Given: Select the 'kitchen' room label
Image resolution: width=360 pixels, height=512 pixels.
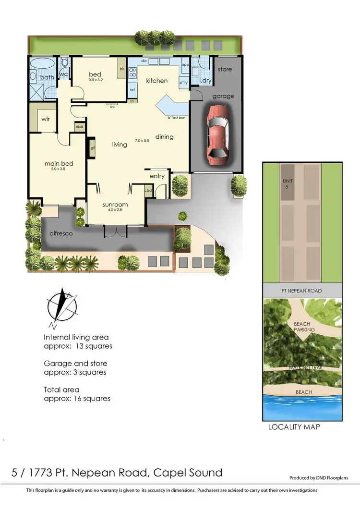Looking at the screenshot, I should click(x=157, y=81).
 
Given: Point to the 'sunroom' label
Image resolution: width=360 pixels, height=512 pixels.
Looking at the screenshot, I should click(x=115, y=204).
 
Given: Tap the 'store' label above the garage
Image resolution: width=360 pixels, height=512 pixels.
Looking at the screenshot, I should click(x=225, y=69).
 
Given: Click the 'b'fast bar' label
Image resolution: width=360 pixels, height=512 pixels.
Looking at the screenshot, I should click(x=176, y=118).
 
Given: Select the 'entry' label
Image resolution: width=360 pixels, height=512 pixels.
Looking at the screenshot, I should click(x=157, y=176).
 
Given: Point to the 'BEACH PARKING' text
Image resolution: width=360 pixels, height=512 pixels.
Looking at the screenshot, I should click(x=305, y=327).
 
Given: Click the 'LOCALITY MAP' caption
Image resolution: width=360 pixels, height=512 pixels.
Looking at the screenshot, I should click(x=294, y=427).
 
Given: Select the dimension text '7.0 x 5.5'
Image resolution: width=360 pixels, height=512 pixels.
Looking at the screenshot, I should click(x=143, y=141).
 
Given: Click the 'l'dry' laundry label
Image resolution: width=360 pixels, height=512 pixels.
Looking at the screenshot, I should click(x=205, y=80).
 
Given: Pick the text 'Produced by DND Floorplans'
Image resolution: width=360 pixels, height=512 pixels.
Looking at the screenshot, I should click(x=318, y=478).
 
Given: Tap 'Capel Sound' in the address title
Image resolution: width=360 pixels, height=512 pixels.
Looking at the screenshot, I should click(x=188, y=472).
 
